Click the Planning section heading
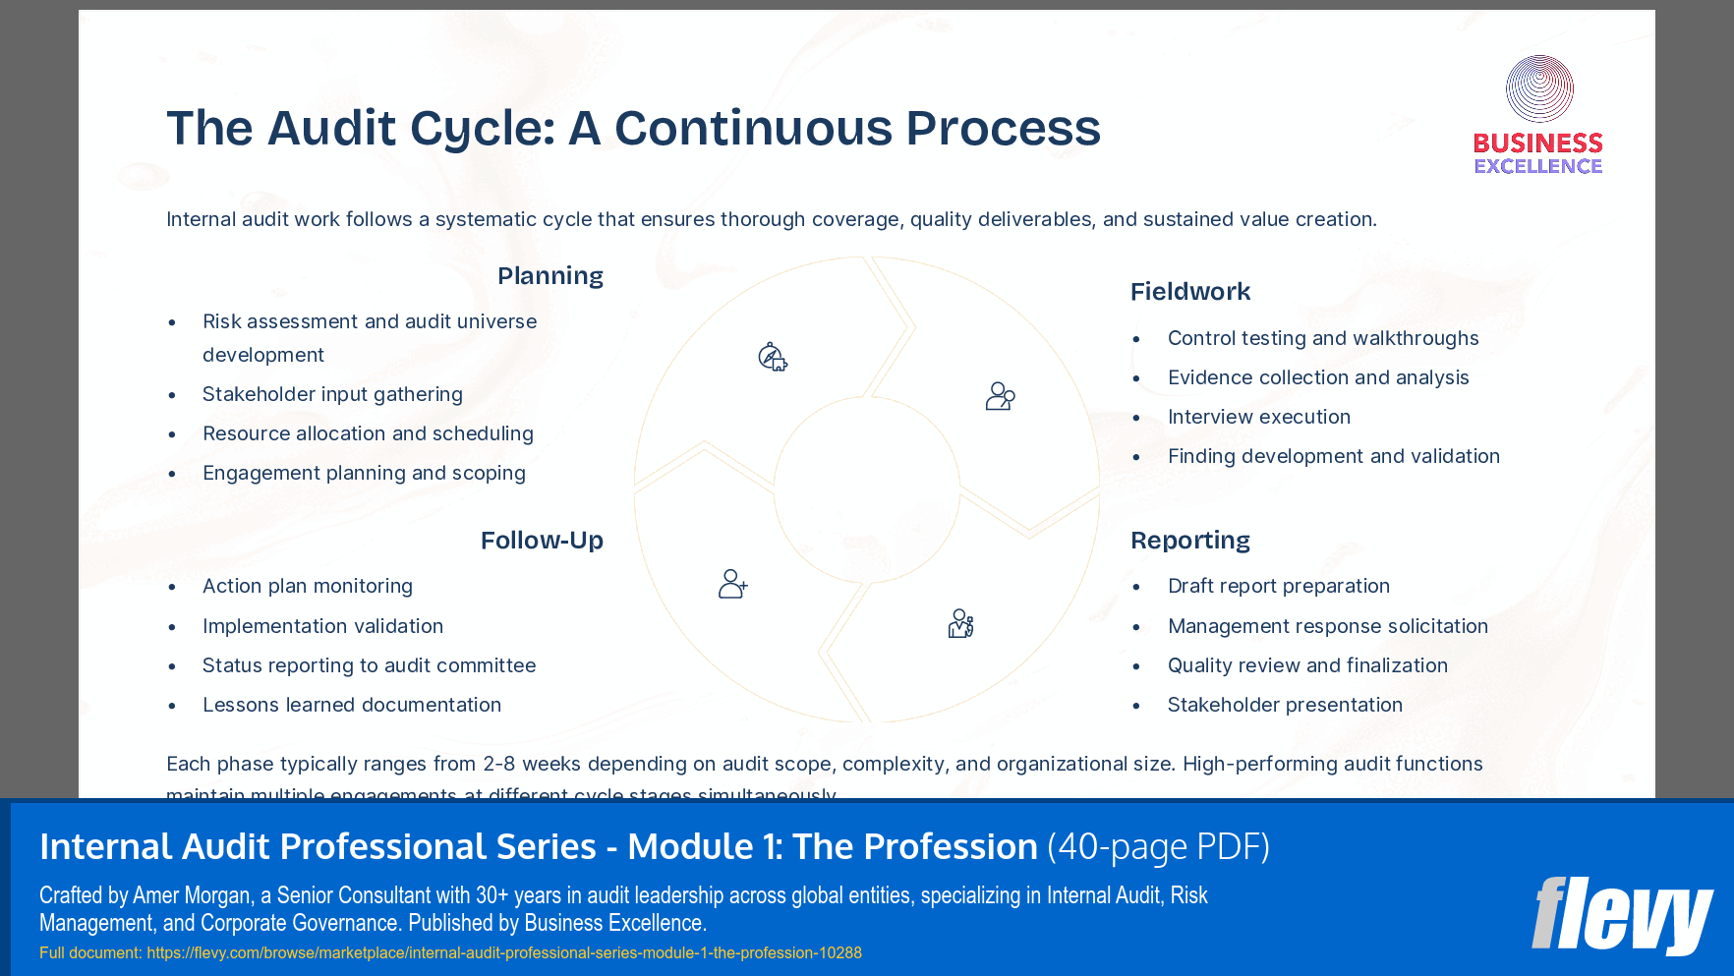[x=549, y=276]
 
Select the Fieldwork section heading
[x=1189, y=292]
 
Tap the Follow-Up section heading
[x=542, y=541]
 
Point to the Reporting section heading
[x=1189, y=541]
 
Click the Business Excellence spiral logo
[x=1538, y=89]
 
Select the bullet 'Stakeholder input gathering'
[x=332, y=394]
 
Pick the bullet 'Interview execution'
[x=1258, y=417]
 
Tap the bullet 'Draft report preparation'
[x=1278, y=586]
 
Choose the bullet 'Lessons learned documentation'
[x=351, y=705]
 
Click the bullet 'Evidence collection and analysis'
[x=1317, y=377]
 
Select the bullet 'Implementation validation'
[x=322, y=626]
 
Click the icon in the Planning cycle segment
[x=773, y=357]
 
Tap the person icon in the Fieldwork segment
[x=1000, y=396]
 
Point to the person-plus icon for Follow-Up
[x=732, y=584]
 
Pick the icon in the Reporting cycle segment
[x=960, y=623]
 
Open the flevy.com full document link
[x=503, y=952]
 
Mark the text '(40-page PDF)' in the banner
[x=1158, y=846]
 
